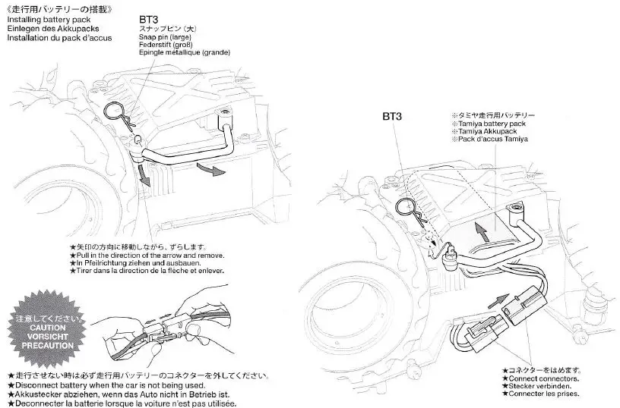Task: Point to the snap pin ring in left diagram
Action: (x=116, y=114)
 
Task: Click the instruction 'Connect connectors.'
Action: (x=544, y=378)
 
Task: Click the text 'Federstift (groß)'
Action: (x=163, y=45)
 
